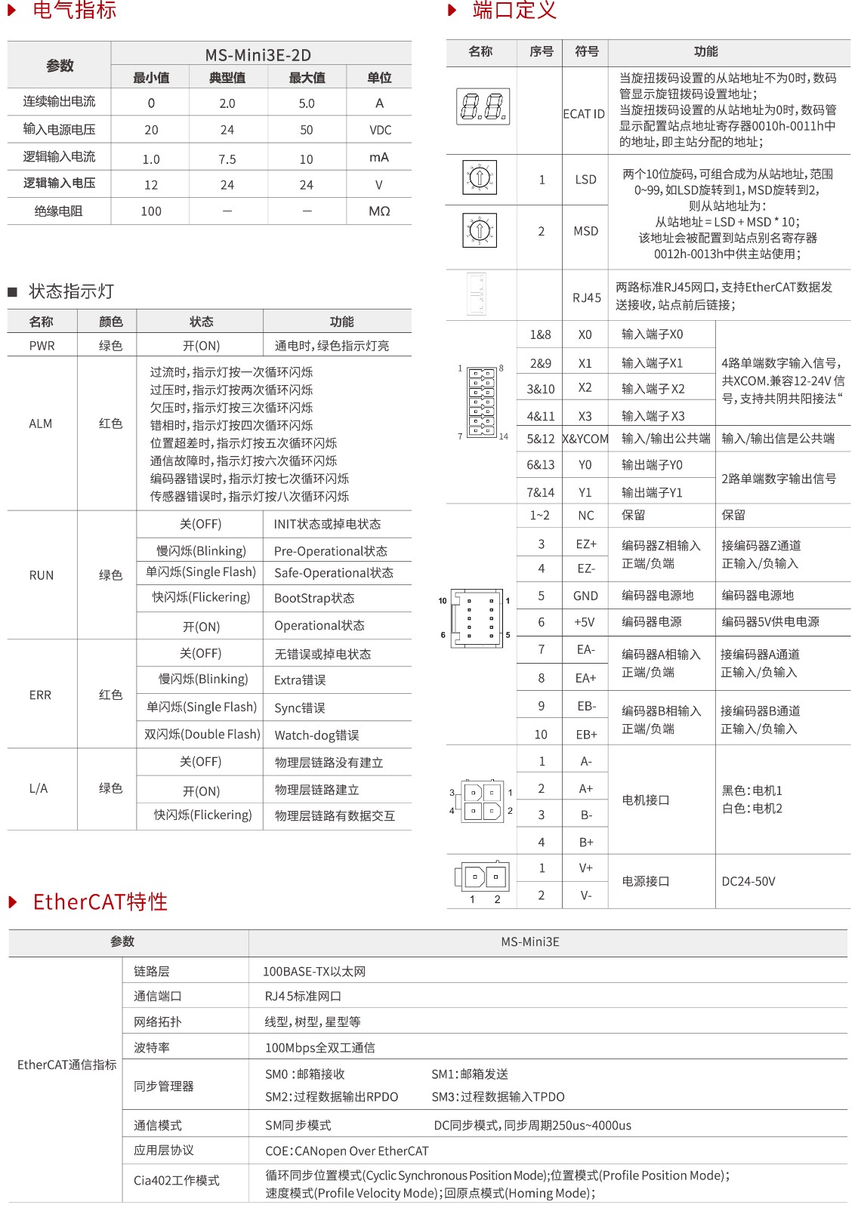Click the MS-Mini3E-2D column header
point(258,55)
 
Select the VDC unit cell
point(380,130)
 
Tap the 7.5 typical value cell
point(227,159)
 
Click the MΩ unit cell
point(379,211)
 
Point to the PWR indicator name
point(42,346)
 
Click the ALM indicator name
point(41,424)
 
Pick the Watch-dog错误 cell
point(316,735)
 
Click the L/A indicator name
point(39,788)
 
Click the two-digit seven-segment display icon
point(483,106)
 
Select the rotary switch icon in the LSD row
point(480,178)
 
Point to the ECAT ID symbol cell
point(584,114)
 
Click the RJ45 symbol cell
point(586,297)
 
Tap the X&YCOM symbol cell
point(585,439)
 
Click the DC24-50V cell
point(748,881)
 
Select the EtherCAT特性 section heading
point(100,902)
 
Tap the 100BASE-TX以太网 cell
point(314,972)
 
